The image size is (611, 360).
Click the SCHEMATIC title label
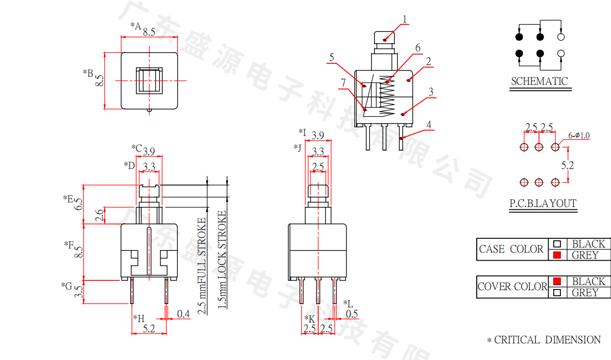click(539, 81)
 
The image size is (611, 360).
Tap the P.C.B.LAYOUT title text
click(543, 204)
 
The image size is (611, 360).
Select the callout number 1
click(405, 20)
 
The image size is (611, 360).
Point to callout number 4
click(429, 125)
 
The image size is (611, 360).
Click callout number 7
click(343, 83)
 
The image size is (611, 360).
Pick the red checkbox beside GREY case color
click(557, 255)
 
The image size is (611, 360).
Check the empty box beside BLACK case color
click(557, 244)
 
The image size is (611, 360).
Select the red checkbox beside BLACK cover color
click(557, 281)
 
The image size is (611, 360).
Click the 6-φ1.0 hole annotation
click(579, 135)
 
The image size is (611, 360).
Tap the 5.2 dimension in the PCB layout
click(568, 165)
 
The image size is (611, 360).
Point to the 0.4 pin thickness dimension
click(183, 314)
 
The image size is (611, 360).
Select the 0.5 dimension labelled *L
click(352, 314)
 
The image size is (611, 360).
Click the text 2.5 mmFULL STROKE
click(202, 266)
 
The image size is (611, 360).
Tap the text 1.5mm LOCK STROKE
click(222, 260)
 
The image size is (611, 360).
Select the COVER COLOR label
click(512, 286)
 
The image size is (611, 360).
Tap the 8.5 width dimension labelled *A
click(149, 31)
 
